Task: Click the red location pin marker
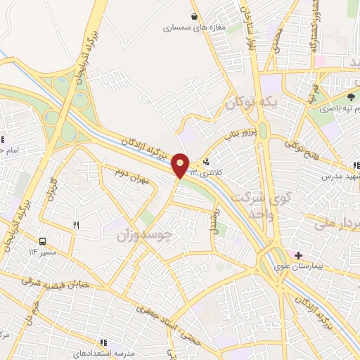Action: [x=181, y=165]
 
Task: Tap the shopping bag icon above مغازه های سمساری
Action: [x=195, y=16]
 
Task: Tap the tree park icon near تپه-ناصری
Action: [x=351, y=96]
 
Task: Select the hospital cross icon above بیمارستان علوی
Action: [x=299, y=255]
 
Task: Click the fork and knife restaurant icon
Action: [x=77, y=225]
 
